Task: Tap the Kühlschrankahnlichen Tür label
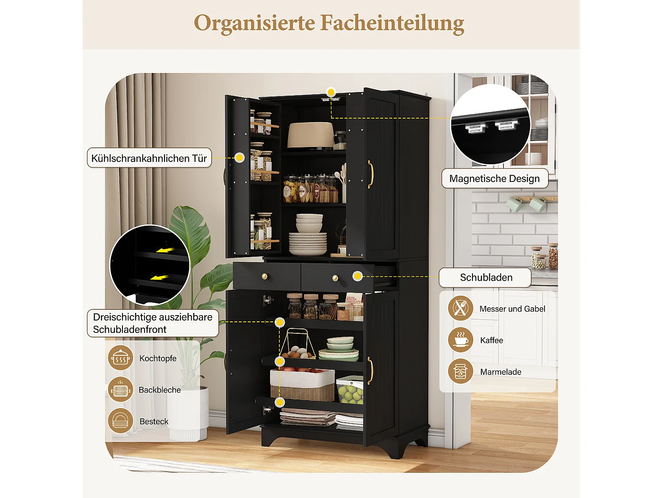[x=149, y=158]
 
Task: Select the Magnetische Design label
[x=495, y=178]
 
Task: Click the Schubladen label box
[x=485, y=278]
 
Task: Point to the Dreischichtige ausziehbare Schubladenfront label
[x=152, y=323]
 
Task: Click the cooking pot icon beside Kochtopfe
[x=121, y=358]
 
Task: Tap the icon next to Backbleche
[x=121, y=390]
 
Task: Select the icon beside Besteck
[x=121, y=421]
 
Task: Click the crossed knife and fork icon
[x=461, y=308]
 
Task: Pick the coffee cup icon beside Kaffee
[x=461, y=340]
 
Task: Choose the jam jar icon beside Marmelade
[x=461, y=371]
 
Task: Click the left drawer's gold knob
[x=265, y=277]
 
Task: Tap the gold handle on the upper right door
[x=370, y=174]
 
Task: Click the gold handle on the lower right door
[x=370, y=371]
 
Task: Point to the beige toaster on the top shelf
[x=310, y=135]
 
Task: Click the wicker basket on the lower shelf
[x=302, y=386]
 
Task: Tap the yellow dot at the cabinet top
[x=331, y=92]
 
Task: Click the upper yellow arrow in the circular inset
[x=165, y=251]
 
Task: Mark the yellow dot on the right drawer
[x=358, y=276]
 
